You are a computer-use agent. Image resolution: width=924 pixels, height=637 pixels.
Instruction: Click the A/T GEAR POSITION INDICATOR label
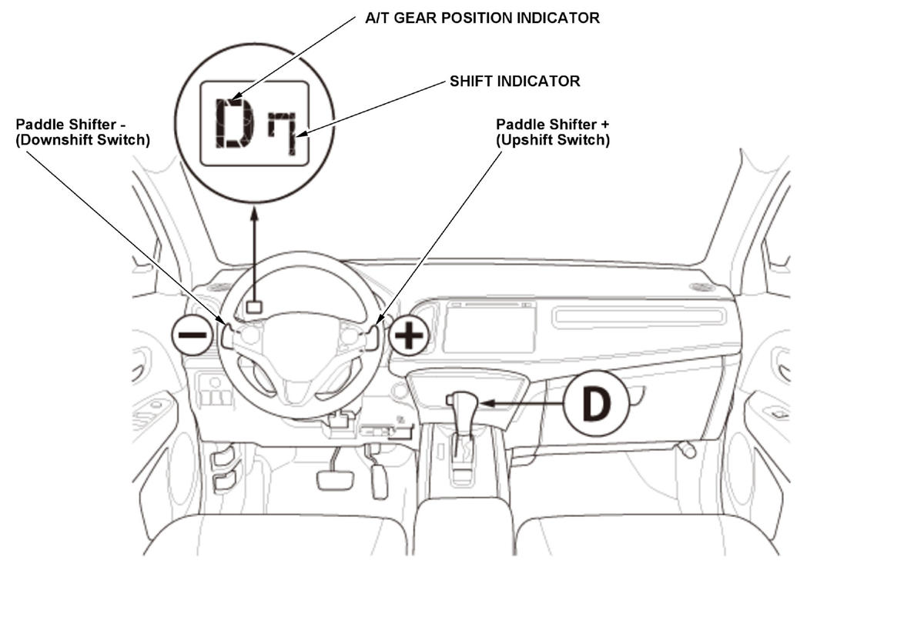482,18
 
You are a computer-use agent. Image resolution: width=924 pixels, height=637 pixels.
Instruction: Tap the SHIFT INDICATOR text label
514,81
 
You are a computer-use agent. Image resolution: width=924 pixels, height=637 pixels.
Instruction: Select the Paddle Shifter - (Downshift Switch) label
82,132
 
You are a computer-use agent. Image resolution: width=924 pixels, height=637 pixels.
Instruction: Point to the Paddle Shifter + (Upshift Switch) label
553,132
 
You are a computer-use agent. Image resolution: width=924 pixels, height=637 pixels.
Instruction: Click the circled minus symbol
192,335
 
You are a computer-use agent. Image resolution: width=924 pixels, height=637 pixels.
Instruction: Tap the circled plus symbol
409,335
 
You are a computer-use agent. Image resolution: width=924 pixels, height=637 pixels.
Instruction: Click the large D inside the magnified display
234,124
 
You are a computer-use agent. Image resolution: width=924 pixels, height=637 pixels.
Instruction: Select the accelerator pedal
379,480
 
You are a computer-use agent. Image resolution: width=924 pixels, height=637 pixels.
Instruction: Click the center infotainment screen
489,327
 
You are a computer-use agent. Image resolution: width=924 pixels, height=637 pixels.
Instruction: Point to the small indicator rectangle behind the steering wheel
253,307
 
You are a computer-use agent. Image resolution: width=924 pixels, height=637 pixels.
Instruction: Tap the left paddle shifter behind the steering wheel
227,336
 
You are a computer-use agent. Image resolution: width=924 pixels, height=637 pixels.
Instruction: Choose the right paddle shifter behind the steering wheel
373,337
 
